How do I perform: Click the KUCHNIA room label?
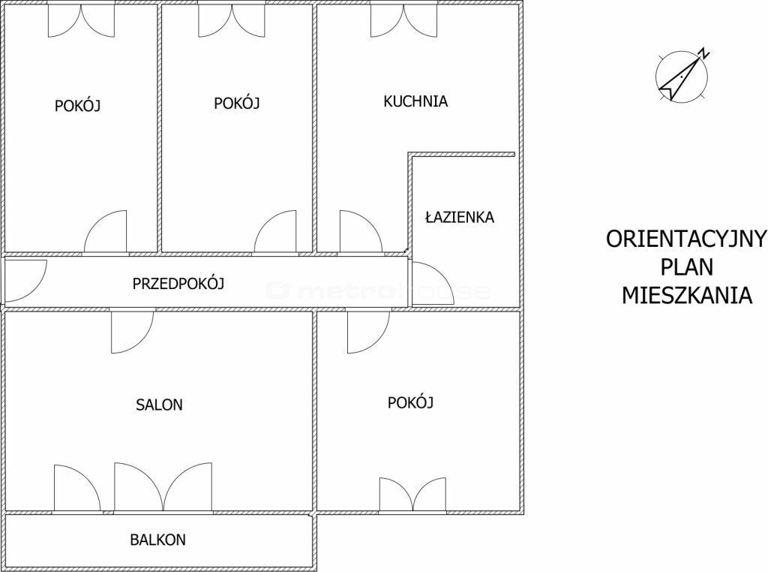pos(415,101)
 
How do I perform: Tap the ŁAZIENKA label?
pos(460,217)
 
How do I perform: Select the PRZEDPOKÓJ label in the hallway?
pos(178,283)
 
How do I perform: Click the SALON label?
pos(159,405)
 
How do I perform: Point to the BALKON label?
pos(157,540)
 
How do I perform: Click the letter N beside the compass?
pos(704,53)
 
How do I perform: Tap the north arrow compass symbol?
pos(681,77)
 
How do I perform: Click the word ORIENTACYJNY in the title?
pos(686,239)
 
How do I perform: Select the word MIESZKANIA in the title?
pos(687,296)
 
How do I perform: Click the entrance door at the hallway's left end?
pos(25,280)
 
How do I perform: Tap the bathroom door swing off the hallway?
pos(427,284)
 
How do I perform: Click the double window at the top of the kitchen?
pos(404,20)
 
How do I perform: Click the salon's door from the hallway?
pos(132,331)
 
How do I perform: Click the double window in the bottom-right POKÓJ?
pos(413,495)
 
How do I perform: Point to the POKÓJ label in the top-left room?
pos(77,106)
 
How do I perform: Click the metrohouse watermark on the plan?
pos(377,291)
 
